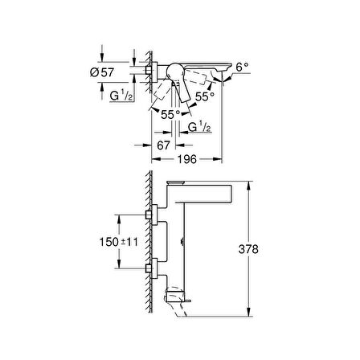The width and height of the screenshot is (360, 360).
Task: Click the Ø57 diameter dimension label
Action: tap(102, 72)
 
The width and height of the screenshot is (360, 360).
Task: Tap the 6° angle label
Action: tap(243, 67)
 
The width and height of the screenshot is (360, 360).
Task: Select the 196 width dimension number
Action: tap(187, 159)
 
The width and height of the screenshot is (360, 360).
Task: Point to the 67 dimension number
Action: tap(163, 145)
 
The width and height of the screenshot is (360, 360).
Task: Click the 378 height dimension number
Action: tap(248, 249)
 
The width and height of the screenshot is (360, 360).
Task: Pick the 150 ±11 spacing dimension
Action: tap(119, 242)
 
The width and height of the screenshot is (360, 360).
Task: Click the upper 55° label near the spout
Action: tap(205, 96)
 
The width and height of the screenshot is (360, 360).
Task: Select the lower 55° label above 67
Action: tap(170, 115)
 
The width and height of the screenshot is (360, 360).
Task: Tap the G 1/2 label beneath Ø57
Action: tap(121, 96)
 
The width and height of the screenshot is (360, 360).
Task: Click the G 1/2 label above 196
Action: tap(199, 127)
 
